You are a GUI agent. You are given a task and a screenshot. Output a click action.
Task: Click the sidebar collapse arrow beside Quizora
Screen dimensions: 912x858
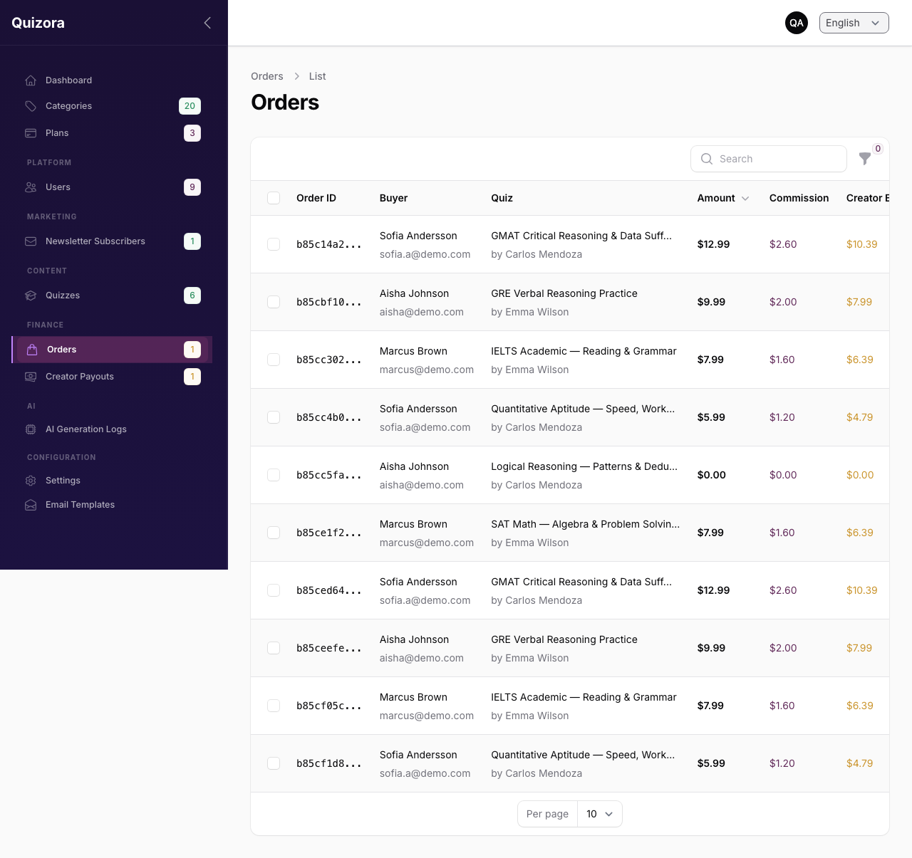tap(207, 23)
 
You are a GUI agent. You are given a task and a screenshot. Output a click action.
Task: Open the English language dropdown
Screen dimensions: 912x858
tap(854, 23)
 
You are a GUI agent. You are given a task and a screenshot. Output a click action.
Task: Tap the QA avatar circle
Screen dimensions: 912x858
tap(797, 23)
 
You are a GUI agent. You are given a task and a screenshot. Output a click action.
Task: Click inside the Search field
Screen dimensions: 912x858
tap(769, 159)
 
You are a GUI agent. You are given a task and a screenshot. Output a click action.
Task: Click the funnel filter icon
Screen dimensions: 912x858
tap(865, 158)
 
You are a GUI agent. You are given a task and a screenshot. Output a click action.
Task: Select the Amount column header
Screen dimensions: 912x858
tap(716, 198)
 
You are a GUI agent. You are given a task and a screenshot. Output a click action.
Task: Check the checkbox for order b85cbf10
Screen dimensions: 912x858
tap(274, 302)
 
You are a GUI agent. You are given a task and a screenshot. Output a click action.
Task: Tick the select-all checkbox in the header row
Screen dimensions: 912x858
tap(274, 198)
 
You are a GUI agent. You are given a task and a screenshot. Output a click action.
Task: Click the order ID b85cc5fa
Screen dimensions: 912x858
tap(328, 475)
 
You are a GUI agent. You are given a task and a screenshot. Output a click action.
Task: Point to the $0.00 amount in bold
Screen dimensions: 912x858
tap(711, 475)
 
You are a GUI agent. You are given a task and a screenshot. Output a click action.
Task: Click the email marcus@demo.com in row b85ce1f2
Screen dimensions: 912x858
tap(426, 543)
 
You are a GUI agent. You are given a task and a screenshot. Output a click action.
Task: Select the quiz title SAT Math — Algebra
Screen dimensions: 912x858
tap(585, 524)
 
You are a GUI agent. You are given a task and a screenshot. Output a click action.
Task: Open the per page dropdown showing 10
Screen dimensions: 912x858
tap(600, 814)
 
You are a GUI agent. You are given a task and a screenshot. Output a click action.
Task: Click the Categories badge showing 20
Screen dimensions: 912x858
tap(190, 106)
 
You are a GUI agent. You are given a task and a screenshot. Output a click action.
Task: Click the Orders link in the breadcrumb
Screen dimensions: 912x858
tap(266, 76)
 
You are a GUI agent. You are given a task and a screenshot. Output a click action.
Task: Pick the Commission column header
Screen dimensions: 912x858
tap(799, 198)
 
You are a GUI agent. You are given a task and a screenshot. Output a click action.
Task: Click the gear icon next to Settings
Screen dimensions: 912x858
tap(31, 481)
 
